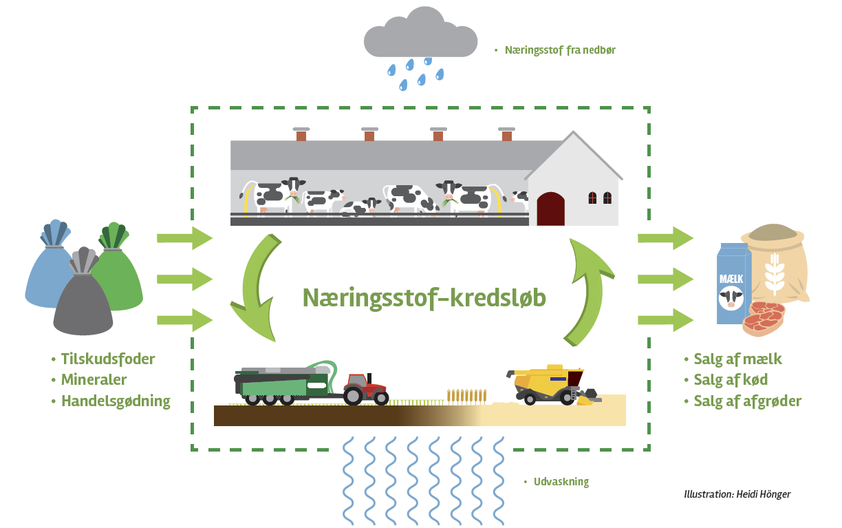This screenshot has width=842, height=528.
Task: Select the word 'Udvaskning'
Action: (x=561, y=482)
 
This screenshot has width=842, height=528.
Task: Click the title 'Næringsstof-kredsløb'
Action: (x=424, y=297)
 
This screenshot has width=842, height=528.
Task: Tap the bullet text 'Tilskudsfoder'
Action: (x=108, y=359)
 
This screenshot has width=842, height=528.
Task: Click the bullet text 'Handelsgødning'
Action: (x=116, y=401)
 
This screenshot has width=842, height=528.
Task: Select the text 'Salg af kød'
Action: (x=731, y=379)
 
